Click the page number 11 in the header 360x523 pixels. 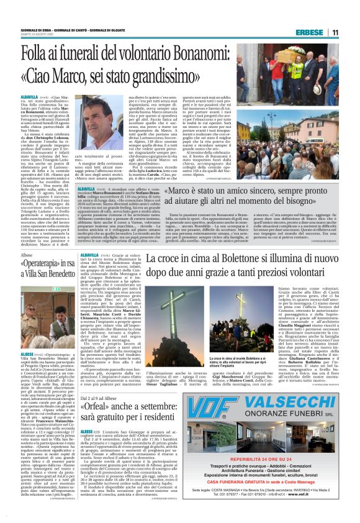(x=335, y=32)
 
